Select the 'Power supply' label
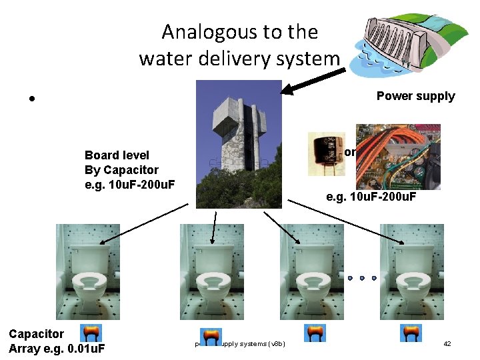tap(415, 96)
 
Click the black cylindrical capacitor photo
tap(324, 154)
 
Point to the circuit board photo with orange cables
tap(397, 157)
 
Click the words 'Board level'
tap(117, 155)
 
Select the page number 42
tap(447, 343)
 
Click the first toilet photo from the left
tap(88, 271)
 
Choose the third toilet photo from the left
tap(312, 271)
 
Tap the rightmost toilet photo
tap(411, 271)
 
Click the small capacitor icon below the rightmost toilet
tap(411, 333)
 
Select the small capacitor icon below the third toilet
tap(315, 333)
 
